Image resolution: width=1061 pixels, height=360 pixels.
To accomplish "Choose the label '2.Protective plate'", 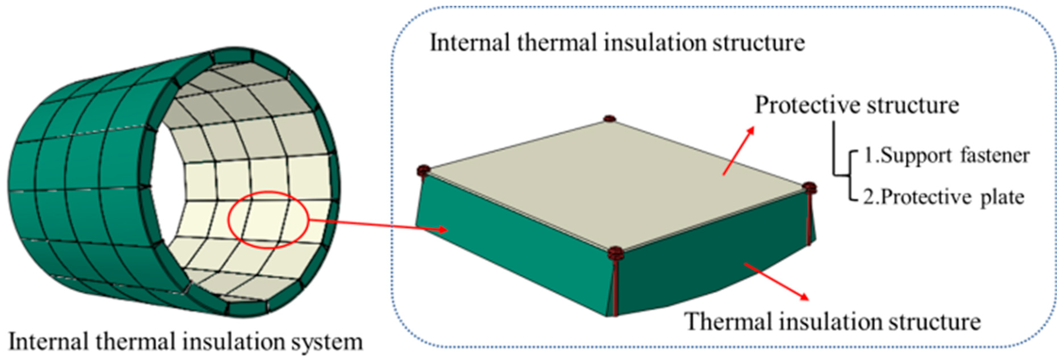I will coord(943,197).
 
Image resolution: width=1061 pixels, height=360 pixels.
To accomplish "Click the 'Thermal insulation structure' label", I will coord(832,322).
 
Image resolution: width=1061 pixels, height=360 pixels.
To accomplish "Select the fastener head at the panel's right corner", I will coord(809,187).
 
